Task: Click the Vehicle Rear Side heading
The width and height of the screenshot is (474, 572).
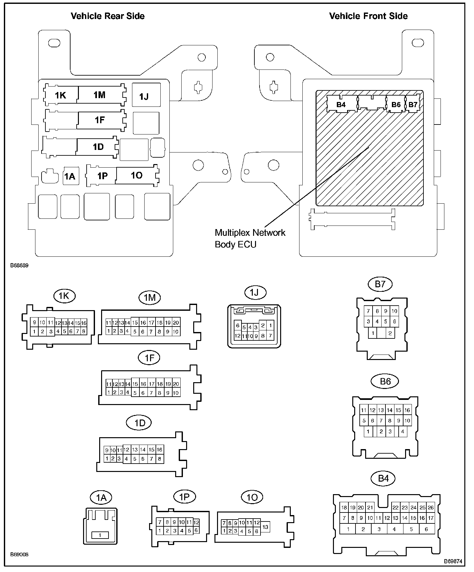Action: pyautogui.click(x=108, y=16)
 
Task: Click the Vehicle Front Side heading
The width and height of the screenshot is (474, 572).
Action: pyautogui.click(x=368, y=16)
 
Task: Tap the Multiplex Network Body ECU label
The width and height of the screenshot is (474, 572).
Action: pyautogui.click(x=250, y=238)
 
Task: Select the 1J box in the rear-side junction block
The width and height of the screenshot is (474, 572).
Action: pyautogui.click(x=146, y=95)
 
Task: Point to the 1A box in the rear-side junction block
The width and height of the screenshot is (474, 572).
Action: pyautogui.click(x=70, y=176)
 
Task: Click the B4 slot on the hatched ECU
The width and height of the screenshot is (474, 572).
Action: pyautogui.click(x=341, y=105)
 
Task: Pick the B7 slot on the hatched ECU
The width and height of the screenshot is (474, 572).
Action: pyautogui.click(x=413, y=105)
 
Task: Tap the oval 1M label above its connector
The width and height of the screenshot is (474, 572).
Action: pyautogui.click(x=149, y=298)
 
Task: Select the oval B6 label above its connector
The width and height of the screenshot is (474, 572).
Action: pyautogui.click(x=385, y=381)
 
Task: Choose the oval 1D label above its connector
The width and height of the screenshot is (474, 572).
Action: pyautogui.click(x=139, y=423)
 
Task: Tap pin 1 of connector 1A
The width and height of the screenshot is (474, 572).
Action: pyautogui.click(x=100, y=535)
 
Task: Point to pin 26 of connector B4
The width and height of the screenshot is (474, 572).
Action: pyautogui.click(x=431, y=508)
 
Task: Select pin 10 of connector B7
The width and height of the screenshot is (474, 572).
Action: pyautogui.click(x=394, y=311)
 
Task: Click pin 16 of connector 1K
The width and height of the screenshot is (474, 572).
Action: pyautogui.click(x=84, y=323)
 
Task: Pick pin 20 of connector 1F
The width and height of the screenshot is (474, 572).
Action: pyautogui.click(x=176, y=384)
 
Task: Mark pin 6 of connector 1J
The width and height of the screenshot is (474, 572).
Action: pyautogui.click(x=238, y=326)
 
